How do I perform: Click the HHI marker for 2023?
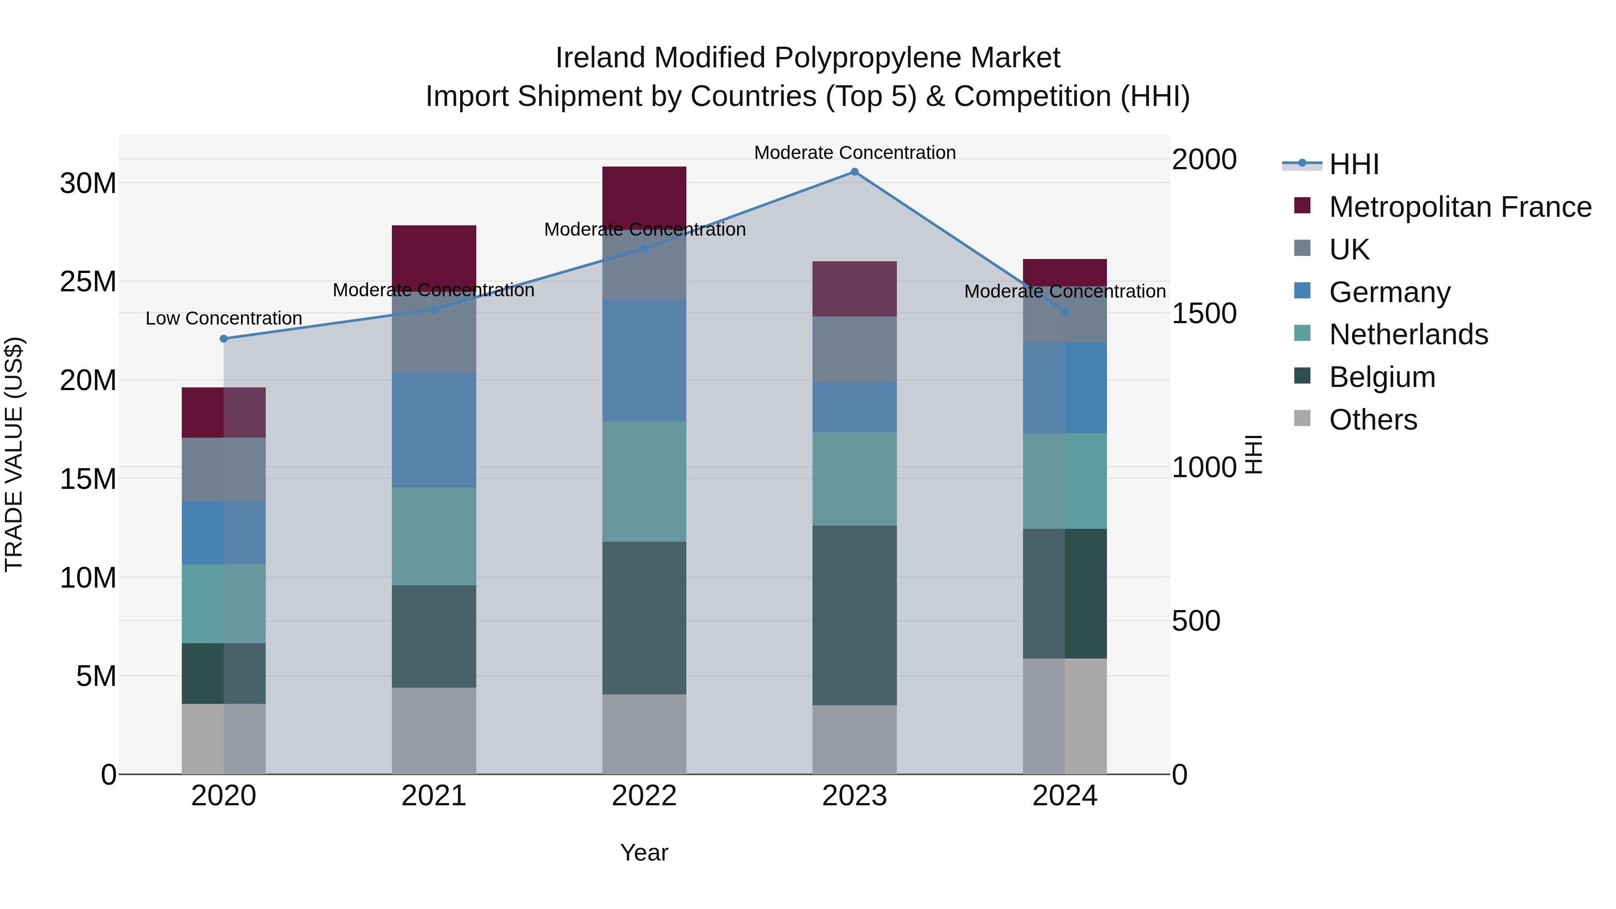pyautogui.click(x=854, y=171)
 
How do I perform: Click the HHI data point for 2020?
pyautogui.click(x=224, y=339)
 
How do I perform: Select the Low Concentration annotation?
pyautogui.click(x=224, y=319)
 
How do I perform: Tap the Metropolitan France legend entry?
pyautogui.click(x=1460, y=207)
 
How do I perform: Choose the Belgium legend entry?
pyautogui.click(x=1382, y=377)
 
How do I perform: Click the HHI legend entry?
pyautogui.click(x=1354, y=164)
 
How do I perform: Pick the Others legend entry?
pyautogui.click(x=1373, y=420)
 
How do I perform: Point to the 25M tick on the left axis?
pyautogui.click(x=88, y=281)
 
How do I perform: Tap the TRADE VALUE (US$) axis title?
pyautogui.click(x=14, y=454)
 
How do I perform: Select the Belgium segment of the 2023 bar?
pyautogui.click(x=854, y=615)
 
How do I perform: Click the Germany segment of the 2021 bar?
pyautogui.click(x=434, y=430)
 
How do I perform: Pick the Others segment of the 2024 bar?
pyautogui.click(x=1065, y=716)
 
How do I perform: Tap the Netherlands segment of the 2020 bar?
pyautogui.click(x=224, y=603)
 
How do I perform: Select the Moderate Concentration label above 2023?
pyautogui.click(x=854, y=153)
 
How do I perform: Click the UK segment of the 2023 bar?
pyautogui.click(x=854, y=349)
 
